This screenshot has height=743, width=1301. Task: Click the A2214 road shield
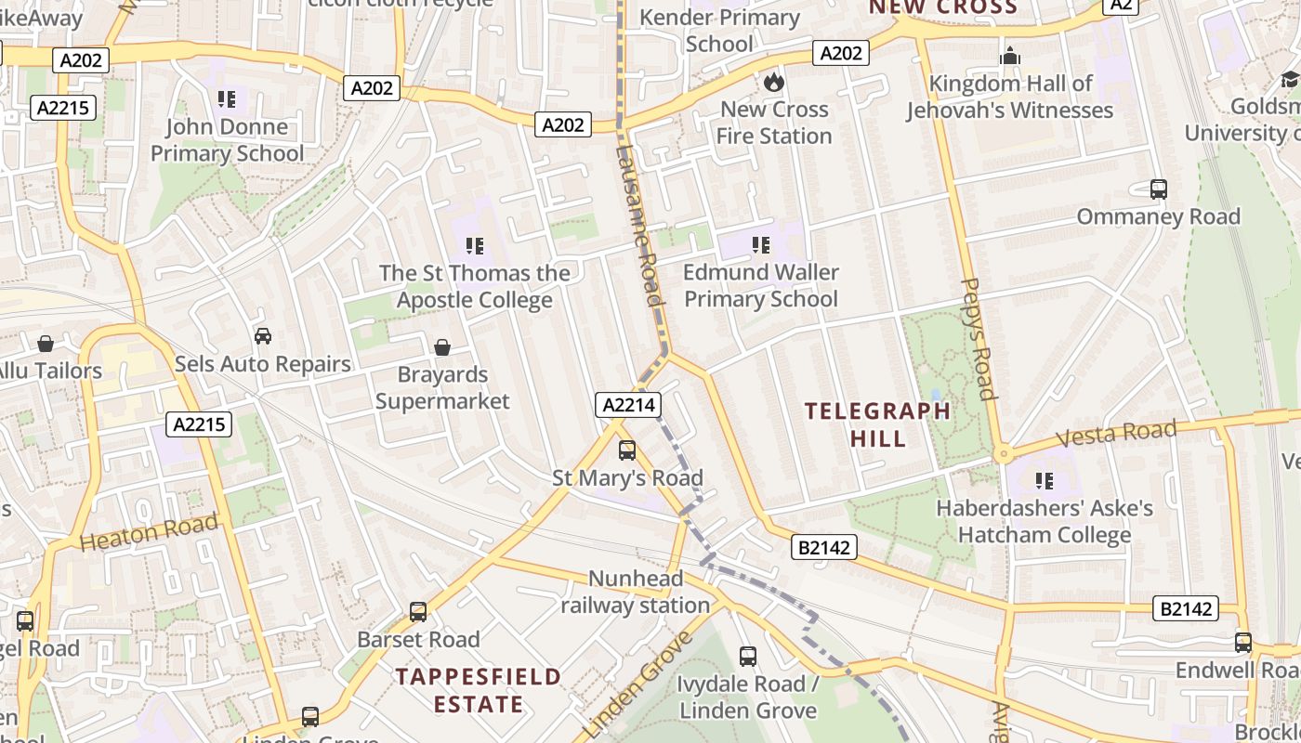click(x=629, y=405)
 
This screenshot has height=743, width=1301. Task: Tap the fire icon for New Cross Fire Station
click(x=773, y=82)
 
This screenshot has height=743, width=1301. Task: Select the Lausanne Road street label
click(x=640, y=225)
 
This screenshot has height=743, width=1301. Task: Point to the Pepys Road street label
click(x=978, y=338)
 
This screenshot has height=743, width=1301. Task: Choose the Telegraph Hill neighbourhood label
click(x=877, y=424)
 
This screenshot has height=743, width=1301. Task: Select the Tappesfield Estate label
click(x=479, y=689)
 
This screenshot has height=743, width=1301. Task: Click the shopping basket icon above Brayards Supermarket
click(x=442, y=347)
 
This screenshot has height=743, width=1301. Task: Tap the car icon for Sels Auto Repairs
click(x=263, y=336)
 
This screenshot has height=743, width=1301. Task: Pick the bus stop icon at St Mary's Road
click(x=627, y=450)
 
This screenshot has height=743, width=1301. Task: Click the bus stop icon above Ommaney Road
click(x=1158, y=189)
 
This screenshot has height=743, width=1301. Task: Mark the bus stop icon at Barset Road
click(x=418, y=612)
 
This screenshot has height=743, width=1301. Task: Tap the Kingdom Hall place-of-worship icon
click(x=1009, y=57)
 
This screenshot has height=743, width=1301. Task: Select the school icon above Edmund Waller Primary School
click(x=761, y=245)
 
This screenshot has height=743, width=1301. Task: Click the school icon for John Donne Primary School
click(x=227, y=98)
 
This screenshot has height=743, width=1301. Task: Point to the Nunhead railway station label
click(x=635, y=593)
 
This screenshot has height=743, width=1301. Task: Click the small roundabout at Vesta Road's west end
click(x=1002, y=455)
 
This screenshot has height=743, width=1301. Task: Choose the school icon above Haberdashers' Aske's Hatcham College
click(x=1045, y=481)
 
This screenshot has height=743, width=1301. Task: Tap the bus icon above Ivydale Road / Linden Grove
click(x=748, y=657)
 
